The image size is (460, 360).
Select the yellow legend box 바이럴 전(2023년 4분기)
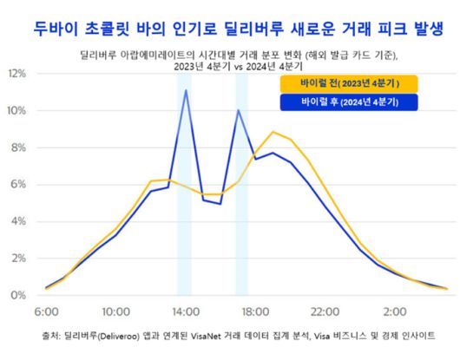coord(348,84)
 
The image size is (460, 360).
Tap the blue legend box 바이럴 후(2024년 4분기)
coord(348,103)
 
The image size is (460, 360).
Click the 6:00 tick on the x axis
coord(46,311)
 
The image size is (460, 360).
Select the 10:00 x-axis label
coord(116,311)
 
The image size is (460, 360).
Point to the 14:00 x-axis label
coord(186,311)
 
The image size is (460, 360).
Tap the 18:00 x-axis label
coord(256,311)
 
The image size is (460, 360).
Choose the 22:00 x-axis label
coord(326,311)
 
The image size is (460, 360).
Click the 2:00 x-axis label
coord(396,311)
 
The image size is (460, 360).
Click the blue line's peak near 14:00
coord(186,90)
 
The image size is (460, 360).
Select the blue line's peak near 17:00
coord(238,110)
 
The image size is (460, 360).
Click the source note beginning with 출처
coord(230,334)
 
